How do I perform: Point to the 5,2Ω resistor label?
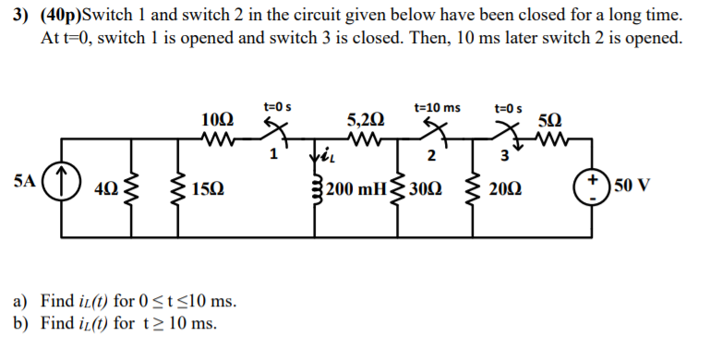[363, 119]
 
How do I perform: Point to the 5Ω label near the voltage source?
[548, 119]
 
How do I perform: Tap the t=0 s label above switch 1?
[278, 107]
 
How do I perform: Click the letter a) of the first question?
[20, 301]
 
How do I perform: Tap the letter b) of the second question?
[20, 322]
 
